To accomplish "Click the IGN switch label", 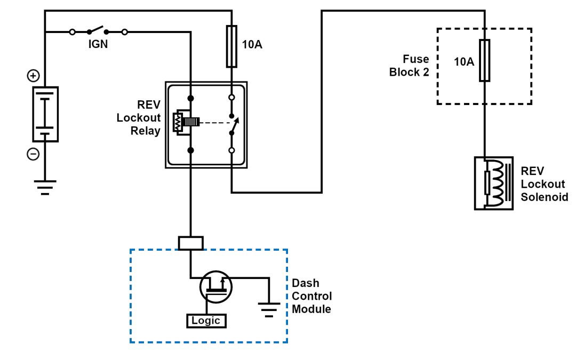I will pos(98,45).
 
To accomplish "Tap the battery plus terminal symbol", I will pos(33,76).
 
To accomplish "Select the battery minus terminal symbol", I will pos(33,154).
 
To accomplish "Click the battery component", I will pos(45,114).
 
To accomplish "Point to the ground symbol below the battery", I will pos(45,187).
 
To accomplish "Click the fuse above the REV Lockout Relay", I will pos(231,46).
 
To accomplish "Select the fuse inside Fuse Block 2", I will pos(484,60).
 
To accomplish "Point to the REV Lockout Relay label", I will pos(139,117).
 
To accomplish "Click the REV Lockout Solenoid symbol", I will pos(493,183).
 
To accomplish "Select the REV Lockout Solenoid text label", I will pos(543,185).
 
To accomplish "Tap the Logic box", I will pos(206,321).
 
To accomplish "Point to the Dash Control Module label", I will pos(312,297).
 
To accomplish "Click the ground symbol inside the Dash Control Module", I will pos(268,308).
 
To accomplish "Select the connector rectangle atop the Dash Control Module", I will pos(190,243).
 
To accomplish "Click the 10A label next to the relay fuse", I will pos(252,45).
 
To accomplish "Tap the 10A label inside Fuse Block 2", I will pos(463,62).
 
